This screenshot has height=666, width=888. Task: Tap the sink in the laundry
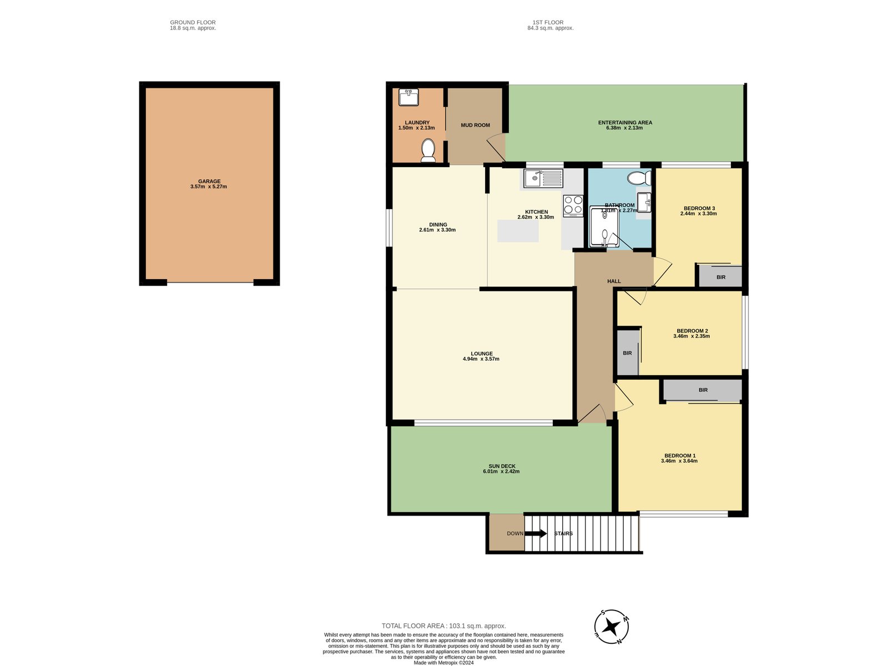tap(408, 98)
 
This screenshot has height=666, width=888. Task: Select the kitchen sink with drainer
tap(543, 178)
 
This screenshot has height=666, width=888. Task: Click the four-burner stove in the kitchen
tap(573, 205)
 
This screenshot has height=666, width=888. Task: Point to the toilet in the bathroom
tap(639, 178)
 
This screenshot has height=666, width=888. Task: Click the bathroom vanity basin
tap(644, 202)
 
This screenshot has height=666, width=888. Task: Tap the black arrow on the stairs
tap(536, 533)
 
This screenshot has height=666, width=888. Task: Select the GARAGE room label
tap(209, 181)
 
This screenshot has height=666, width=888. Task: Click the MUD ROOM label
tap(475, 125)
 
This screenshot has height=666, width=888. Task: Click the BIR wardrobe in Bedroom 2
tap(628, 352)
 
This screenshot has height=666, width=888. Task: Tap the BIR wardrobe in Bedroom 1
tap(703, 390)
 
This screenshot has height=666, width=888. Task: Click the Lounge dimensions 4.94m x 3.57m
tap(481, 359)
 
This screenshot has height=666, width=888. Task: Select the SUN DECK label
tap(502, 466)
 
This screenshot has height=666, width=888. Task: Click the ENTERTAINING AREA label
tap(625, 123)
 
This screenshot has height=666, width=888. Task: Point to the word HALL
tap(614, 281)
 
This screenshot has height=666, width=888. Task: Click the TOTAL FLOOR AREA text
tap(444, 626)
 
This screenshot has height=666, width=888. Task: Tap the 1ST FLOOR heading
tap(548, 22)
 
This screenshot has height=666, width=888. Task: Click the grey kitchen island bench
tap(518, 231)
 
